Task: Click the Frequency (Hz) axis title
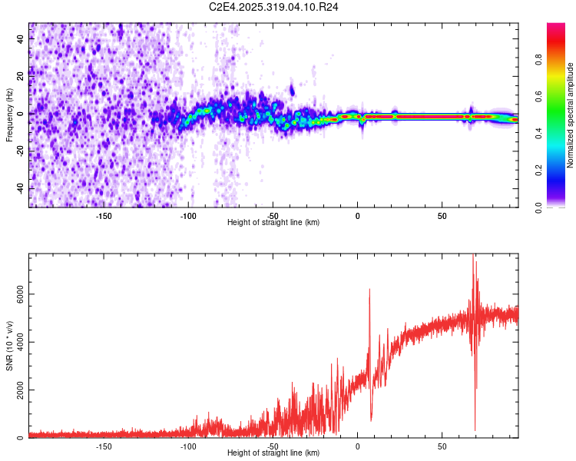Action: point(9,114)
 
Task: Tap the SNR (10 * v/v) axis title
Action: point(9,345)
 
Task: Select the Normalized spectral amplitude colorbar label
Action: point(571,115)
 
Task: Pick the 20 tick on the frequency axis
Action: point(21,76)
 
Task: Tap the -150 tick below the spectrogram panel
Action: point(104,215)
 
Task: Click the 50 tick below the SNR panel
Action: point(442,446)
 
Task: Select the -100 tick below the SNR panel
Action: point(188,446)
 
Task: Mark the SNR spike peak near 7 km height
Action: point(369,290)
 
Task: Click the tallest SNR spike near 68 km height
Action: point(474,255)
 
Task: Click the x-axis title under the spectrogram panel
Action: point(273,223)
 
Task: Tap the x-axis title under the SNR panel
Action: point(273,453)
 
